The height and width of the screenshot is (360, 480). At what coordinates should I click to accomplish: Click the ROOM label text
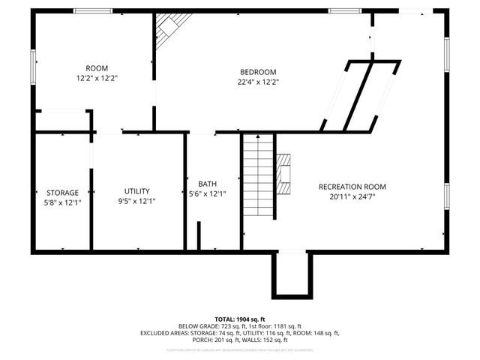pos(97,67)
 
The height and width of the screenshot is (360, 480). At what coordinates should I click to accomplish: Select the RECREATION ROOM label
pos(352,187)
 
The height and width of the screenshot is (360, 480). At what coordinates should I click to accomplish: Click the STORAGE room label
pos(62,193)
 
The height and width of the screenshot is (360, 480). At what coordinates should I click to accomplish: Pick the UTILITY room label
pos(137,190)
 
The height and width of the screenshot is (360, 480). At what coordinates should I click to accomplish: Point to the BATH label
pos(207,184)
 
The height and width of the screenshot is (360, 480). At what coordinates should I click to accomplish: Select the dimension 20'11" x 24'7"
pos(352,197)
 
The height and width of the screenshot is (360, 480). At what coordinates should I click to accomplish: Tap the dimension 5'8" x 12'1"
pos(62,202)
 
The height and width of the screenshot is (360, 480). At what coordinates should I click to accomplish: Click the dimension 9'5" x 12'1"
pos(137,201)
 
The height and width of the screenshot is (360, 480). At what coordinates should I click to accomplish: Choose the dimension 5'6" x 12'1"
pos(207,194)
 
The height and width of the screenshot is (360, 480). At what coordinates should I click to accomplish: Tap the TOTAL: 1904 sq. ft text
pos(240,319)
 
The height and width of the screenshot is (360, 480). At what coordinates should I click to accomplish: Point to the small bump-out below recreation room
pos(290,274)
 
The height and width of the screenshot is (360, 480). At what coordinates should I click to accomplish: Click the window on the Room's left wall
pos(32,67)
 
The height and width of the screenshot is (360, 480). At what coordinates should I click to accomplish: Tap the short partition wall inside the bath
pos(199,235)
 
